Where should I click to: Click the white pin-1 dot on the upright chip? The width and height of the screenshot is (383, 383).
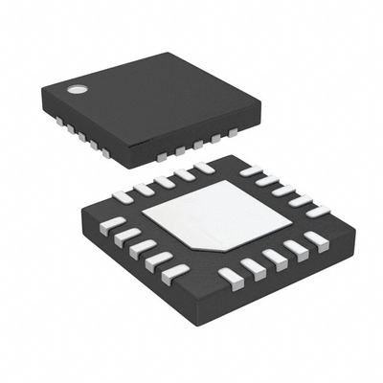pyautogui.click(x=75, y=90)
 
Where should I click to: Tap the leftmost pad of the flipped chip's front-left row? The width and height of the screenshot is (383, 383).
pyautogui.click(x=113, y=224)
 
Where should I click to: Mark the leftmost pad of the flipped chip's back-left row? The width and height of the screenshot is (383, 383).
pyautogui.click(x=123, y=196)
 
